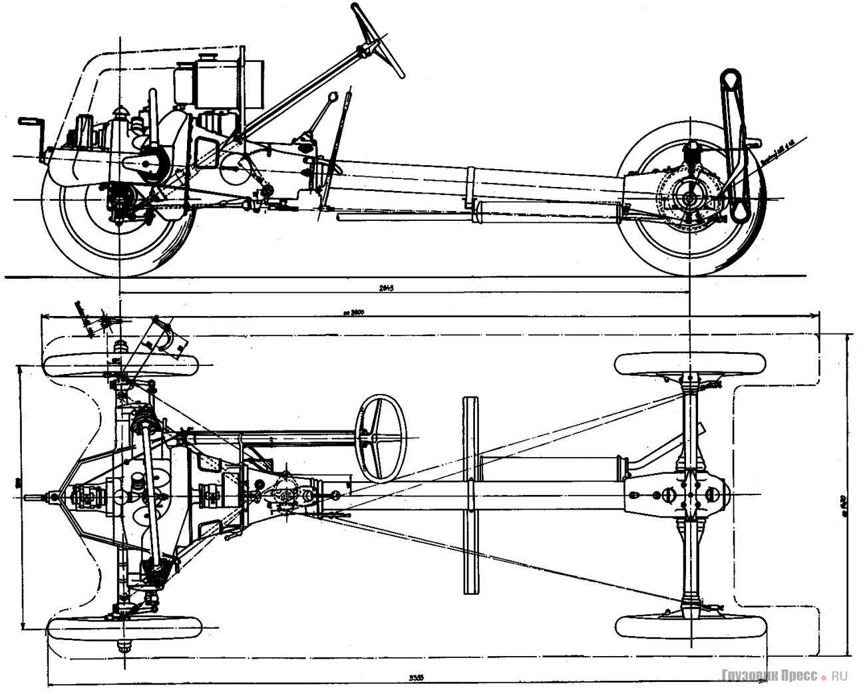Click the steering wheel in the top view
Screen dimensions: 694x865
click(x=381, y=438)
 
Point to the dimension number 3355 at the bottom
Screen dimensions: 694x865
click(x=417, y=677)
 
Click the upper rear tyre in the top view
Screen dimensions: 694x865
click(x=690, y=363)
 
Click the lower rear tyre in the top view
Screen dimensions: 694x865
click(x=690, y=626)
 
